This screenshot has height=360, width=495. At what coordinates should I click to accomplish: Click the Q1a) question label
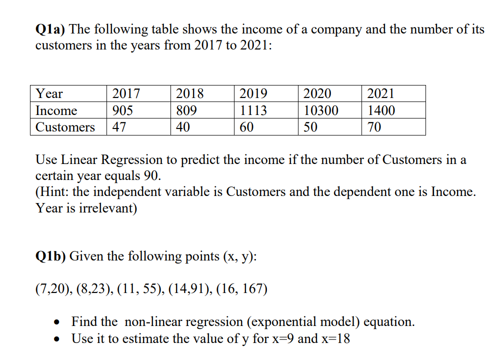(50, 29)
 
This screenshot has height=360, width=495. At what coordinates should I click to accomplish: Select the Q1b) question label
(50, 256)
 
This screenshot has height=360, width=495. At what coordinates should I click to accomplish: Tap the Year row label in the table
(49, 93)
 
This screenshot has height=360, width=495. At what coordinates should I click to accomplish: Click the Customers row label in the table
(65, 127)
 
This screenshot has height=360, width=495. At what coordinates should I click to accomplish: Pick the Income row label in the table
(56, 110)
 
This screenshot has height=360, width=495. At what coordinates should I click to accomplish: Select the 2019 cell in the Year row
(253, 93)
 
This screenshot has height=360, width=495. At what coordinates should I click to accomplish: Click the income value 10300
(320, 110)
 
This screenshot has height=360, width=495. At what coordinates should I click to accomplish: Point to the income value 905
(122, 110)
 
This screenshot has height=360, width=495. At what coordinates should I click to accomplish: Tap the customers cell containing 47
(119, 127)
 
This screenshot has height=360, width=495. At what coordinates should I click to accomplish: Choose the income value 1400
(381, 110)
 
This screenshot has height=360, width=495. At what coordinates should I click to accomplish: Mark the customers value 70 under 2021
(374, 127)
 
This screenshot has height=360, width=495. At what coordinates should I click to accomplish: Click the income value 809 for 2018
(186, 110)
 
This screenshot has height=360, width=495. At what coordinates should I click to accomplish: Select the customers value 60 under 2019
(246, 127)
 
